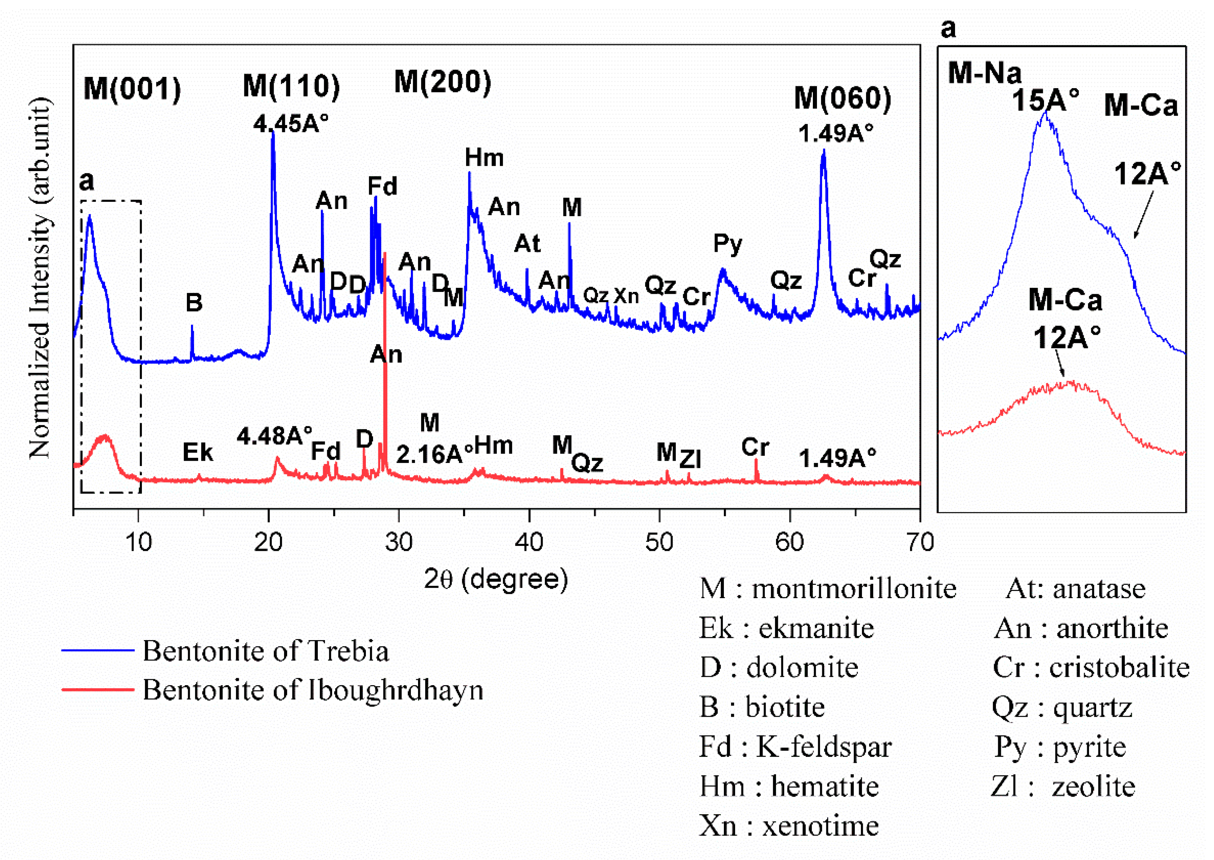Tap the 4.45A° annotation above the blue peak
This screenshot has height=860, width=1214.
(x=291, y=124)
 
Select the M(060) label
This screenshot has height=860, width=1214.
(x=842, y=99)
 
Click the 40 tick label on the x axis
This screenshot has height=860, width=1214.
(x=529, y=542)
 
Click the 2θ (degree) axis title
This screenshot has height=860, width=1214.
(x=496, y=579)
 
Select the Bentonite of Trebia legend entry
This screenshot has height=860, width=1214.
(x=265, y=651)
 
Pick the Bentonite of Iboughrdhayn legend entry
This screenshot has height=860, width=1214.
(x=313, y=690)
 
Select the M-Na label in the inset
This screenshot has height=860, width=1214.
(x=984, y=72)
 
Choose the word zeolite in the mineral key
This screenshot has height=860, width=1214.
(x=1093, y=786)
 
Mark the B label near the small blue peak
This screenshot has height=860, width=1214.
(x=194, y=303)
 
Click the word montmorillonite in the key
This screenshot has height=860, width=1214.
(x=854, y=588)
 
